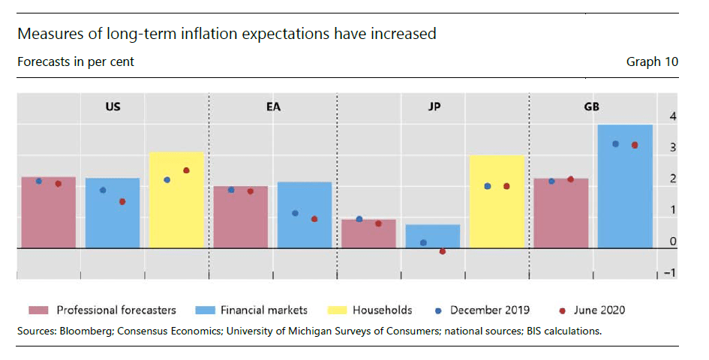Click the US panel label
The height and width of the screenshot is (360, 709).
click(113, 106)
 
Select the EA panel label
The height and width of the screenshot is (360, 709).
click(273, 106)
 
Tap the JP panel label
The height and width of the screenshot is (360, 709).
click(434, 106)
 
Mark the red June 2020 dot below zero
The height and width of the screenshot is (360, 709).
click(443, 252)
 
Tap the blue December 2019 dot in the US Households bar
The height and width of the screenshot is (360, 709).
click(167, 180)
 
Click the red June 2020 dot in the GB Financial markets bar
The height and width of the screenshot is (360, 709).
click(635, 145)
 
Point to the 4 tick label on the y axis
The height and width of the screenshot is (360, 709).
click(673, 117)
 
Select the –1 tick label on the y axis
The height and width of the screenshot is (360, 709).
click(671, 273)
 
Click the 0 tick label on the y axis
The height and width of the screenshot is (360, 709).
click(673, 241)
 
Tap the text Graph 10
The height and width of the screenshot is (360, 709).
click(652, 61)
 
